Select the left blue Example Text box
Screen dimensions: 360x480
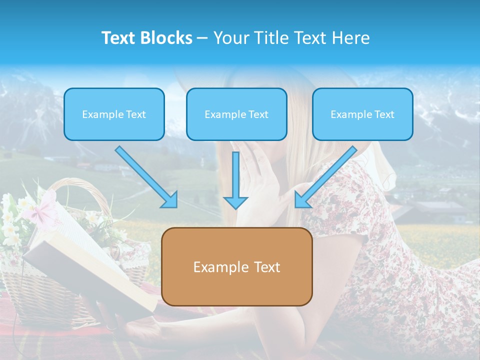(114, 114)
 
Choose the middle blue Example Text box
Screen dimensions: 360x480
(236, 114)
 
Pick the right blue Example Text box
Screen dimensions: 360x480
(362, 114)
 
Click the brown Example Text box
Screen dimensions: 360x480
(236, 266)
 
